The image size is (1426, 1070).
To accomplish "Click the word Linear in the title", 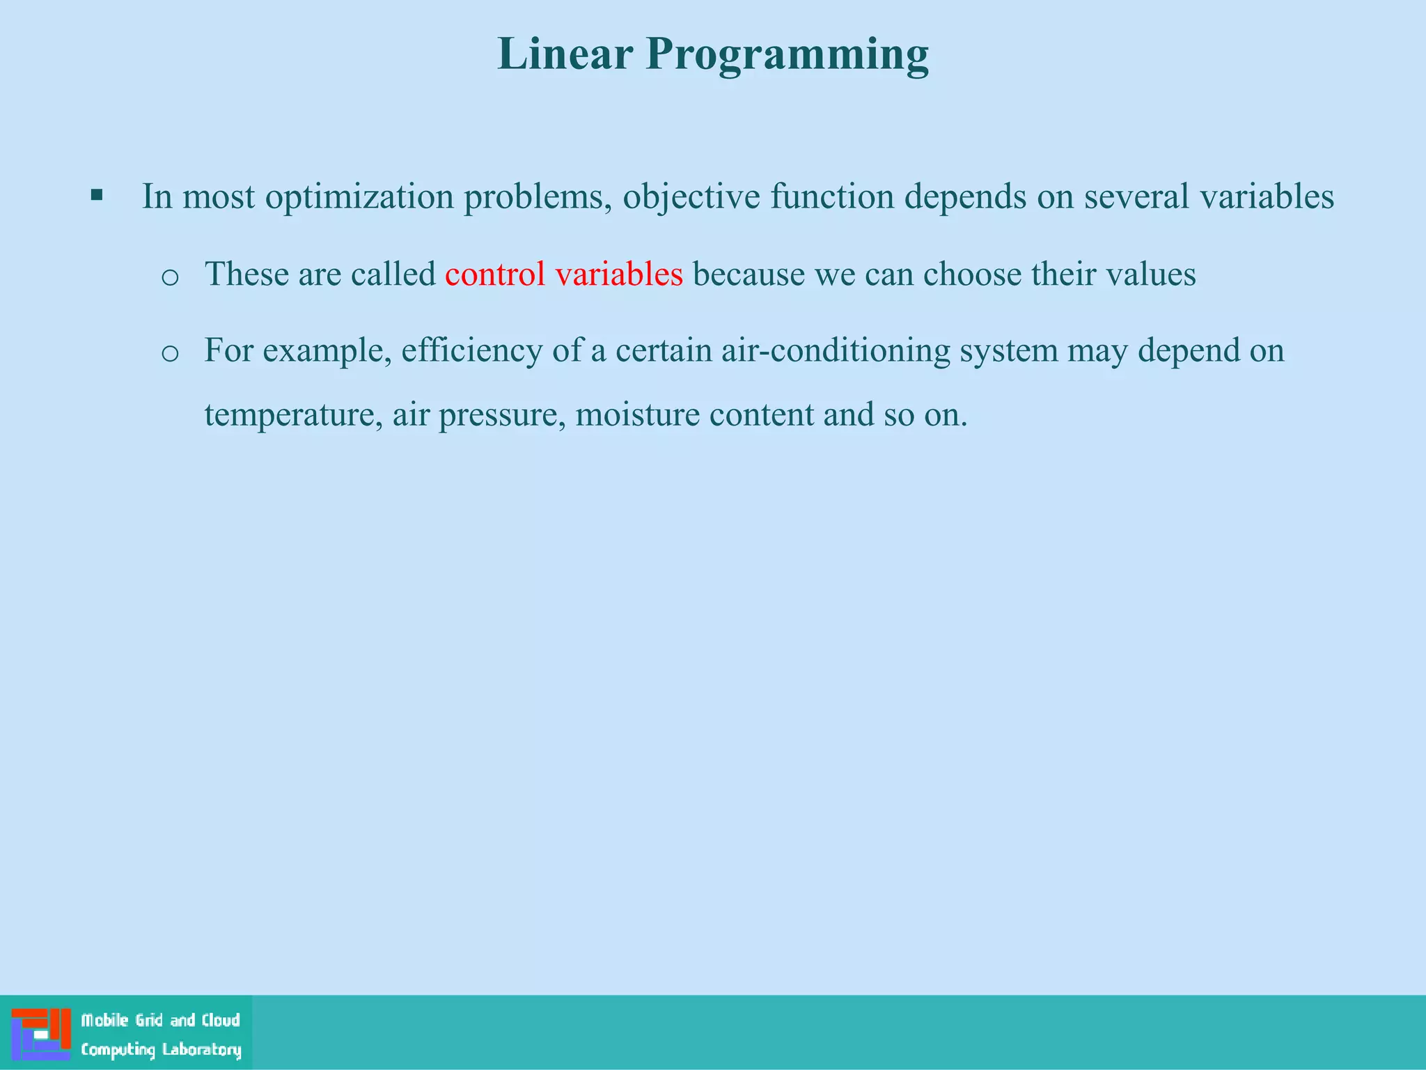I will (x=565, y=54).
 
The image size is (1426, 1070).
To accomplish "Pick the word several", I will (x=1136, y=196).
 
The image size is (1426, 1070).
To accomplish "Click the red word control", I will (x=494, y=274).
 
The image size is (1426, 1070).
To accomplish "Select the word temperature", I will (x=293, y=416).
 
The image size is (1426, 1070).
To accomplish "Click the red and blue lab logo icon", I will (x=41, y=1034).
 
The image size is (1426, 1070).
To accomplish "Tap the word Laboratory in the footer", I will (x=201, y=1050).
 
